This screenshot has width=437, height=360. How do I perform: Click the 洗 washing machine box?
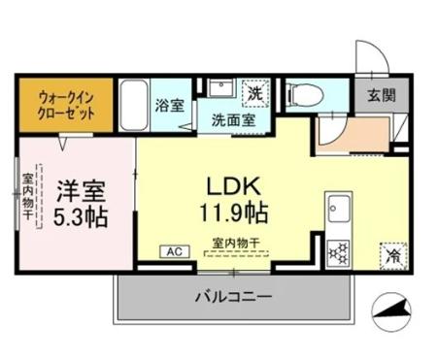pyautogui.click(x=253, y=94)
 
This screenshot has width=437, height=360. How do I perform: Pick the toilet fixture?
pyautogui.click(x=297, y=94)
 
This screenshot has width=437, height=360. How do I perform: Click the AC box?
pyautogui.click(x=176, y=251)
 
